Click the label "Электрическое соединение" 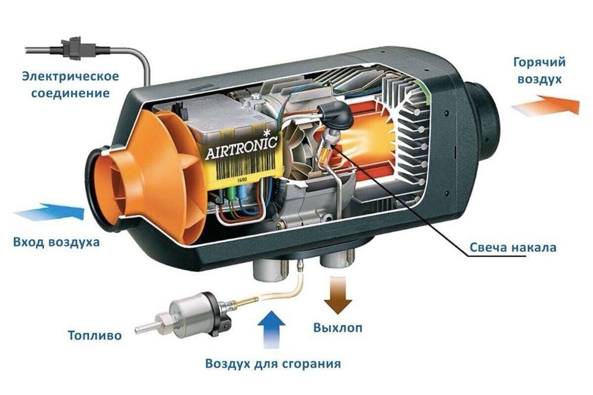pos(71,85)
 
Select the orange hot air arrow pos(544,106)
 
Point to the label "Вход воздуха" pos(56,242)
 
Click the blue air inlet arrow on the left pos(50,212)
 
